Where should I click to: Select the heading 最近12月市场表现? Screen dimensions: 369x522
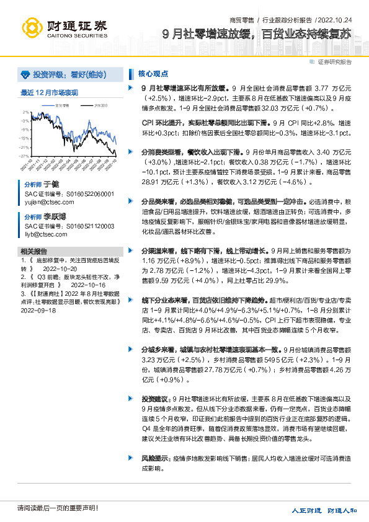click(x=49, y=93)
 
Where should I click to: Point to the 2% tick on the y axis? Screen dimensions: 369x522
click(x=26, y=112)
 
